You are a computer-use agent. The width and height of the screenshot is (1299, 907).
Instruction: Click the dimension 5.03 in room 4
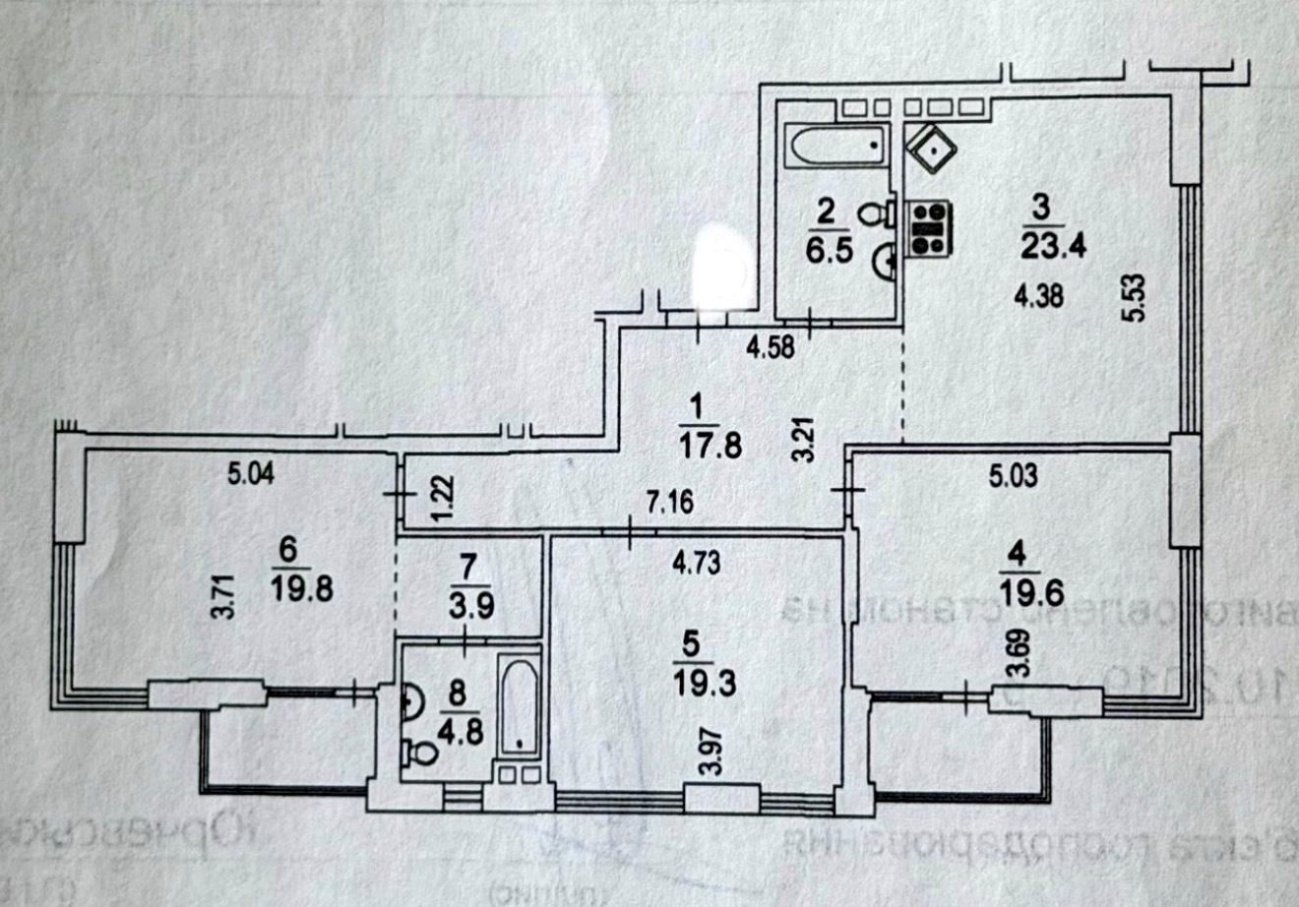[x=1014, y=478]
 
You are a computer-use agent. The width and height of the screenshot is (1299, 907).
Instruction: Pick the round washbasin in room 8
[x=412, y=700]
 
